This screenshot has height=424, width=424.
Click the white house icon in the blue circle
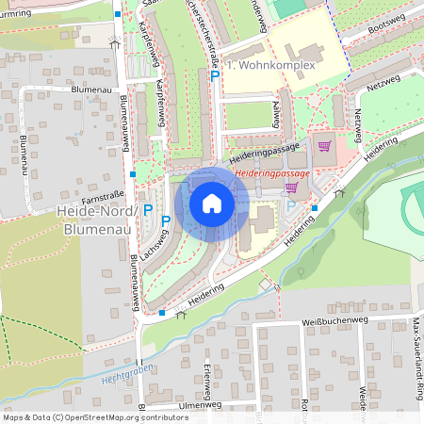coord(212,204)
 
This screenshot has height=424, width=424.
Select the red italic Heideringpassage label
coord(274,174)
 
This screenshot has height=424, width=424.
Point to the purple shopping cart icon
coord(324,146)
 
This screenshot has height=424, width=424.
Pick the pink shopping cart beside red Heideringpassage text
coord(292,188)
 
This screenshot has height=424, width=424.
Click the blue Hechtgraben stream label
coord(103,375)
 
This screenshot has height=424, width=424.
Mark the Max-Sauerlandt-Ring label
coord(416,358)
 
